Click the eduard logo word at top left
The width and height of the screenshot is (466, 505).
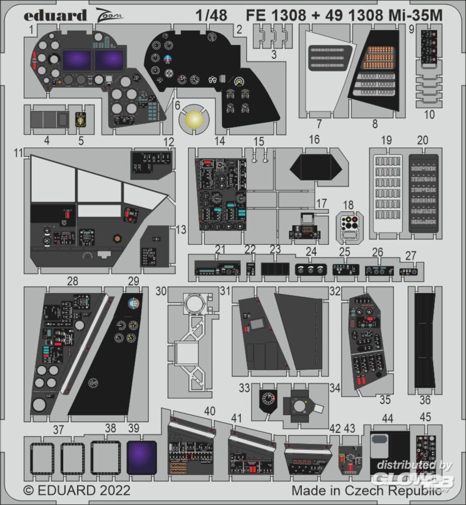(x=55, y=16)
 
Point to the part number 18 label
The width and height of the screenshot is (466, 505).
(x=348, y=205)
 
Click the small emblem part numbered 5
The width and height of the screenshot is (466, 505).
(x=81, y=119)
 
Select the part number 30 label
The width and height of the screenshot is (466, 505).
(x=161, y=291)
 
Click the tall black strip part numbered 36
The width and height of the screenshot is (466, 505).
(x=425, y=340)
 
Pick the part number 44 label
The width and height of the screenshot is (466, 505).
(x=387, y=418)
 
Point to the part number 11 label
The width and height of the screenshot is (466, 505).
(x=19, y=153)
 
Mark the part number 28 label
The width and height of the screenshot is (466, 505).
(x=73, y=281)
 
